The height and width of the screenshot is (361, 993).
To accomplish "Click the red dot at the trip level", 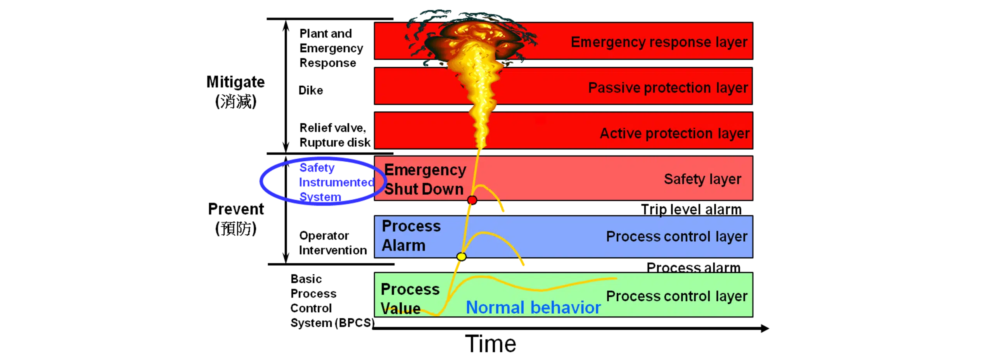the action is coord(472,200).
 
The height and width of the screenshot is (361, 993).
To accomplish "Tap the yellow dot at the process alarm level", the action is coord(461,256).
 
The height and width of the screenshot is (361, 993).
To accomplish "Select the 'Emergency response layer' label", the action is coord(659,42).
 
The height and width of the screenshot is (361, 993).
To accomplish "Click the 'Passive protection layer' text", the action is coord(668,88).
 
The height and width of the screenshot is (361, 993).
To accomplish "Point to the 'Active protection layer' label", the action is coord(675,133).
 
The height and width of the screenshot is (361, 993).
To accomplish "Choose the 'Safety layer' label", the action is coord(702,179).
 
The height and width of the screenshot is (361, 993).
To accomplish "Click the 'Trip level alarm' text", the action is coord(691,209).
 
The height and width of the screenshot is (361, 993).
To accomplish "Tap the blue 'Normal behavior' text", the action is coord(533,307).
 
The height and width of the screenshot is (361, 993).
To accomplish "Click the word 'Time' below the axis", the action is coord(491,344).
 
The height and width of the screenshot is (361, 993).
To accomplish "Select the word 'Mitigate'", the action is coord(235,82).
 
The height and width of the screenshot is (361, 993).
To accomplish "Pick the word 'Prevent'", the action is coord(236,209).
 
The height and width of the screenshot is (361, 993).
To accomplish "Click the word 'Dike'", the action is coord(311,90).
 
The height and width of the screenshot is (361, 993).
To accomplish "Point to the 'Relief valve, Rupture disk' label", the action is coord(335,135).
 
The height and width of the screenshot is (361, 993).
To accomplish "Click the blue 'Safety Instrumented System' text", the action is coord(337,182).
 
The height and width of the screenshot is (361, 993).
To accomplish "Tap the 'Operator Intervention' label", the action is coord(333,243).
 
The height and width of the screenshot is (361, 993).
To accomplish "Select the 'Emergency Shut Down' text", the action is coord(425,180).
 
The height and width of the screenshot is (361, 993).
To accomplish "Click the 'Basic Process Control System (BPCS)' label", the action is coord(332,301).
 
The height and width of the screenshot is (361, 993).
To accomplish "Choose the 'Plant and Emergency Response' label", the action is coord(331,48).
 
